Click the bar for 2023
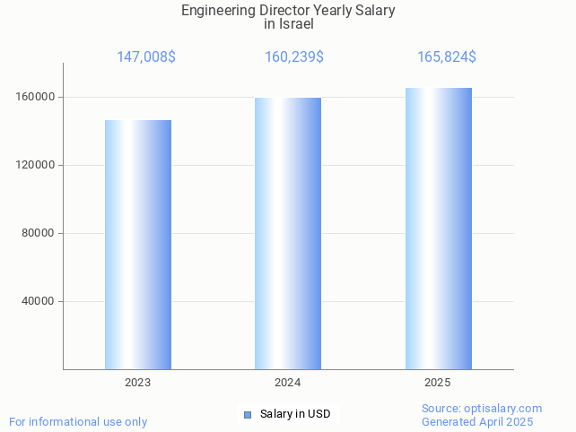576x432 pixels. point(138,245)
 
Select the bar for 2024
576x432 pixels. point(288,233)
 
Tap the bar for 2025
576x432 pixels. point(438,229)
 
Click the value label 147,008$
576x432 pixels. point(146,57)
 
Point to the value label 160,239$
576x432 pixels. point(294,57)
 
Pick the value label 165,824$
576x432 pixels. point(447,57)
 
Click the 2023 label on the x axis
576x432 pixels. point(138,383)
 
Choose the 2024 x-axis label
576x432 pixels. point(288,383)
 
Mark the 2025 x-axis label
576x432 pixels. point(438,383)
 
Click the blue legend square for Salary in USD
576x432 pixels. point(248,414)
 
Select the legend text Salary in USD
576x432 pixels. point(295,414)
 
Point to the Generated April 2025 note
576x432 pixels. point(477,422)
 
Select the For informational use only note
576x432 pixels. point(78,422)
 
